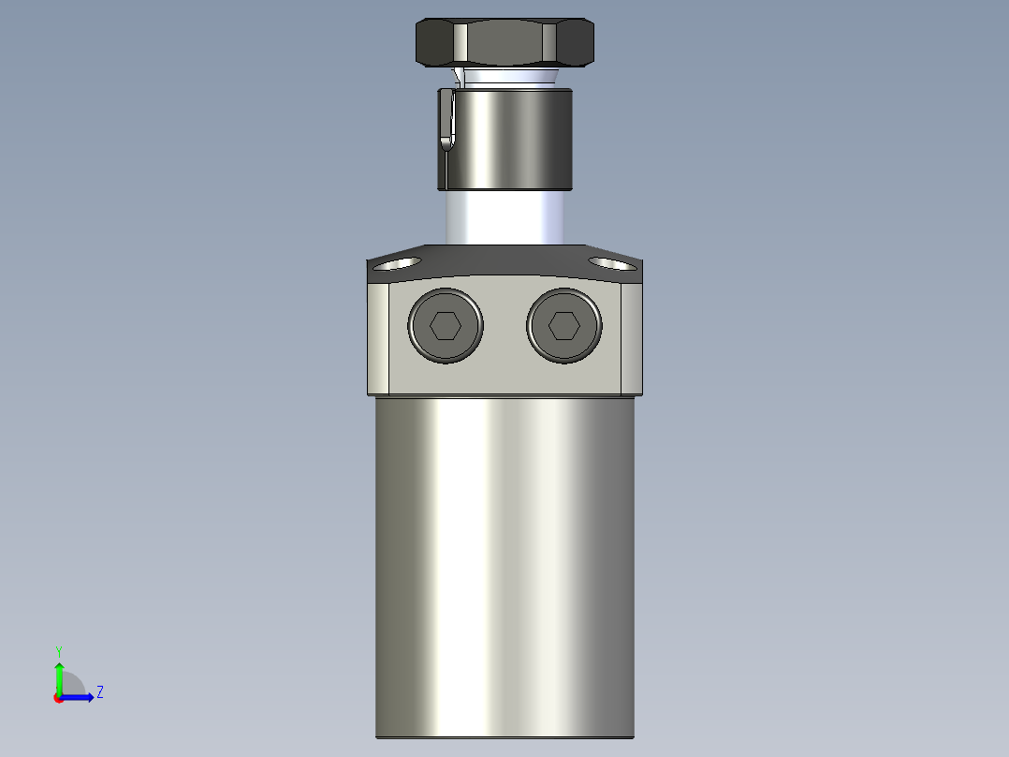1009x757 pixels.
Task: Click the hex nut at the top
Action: click(x=504, y=43)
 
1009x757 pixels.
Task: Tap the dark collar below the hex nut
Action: click(x=510, y=139)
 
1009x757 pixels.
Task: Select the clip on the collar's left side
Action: click(x=446, y=119)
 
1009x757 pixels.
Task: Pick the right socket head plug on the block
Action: click(x=563, y=326)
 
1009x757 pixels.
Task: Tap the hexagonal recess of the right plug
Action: click(x=563, y=326)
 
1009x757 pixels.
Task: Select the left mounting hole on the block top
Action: click(x=397, y=263)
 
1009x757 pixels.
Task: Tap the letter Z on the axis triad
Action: click(x=99, y=692)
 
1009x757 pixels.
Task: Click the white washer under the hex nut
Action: click(x=505, y=76)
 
